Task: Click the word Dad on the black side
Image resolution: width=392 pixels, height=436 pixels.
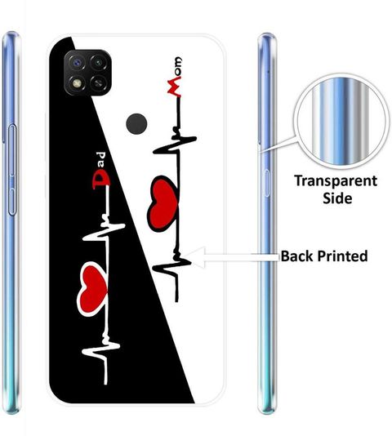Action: (101, 171)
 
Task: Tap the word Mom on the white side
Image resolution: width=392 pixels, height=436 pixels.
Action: (175, 77)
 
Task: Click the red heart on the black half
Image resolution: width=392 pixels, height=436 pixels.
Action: (92, 289)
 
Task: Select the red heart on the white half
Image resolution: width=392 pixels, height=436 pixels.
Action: (163, 204)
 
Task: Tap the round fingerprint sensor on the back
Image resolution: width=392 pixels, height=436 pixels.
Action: (136, 123)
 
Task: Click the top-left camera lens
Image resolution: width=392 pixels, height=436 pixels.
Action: (76, 62)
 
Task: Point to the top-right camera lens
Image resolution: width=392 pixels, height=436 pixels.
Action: (98, 62)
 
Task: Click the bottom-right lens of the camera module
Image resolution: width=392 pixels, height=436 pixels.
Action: (98, 82)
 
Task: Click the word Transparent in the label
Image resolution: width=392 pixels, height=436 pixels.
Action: (336, 181)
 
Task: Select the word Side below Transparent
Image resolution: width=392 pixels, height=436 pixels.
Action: (337, 198)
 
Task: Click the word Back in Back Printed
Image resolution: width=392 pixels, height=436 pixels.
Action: (296, 256)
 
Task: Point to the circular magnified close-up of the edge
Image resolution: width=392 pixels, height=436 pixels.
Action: (341, 121)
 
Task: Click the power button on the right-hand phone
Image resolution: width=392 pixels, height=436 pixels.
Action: (267, 183)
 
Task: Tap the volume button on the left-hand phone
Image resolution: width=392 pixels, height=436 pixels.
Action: (12, 170)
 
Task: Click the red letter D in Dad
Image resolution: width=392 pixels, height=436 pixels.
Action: (101, 180)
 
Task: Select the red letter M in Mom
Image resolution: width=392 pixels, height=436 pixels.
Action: (174, 88)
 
